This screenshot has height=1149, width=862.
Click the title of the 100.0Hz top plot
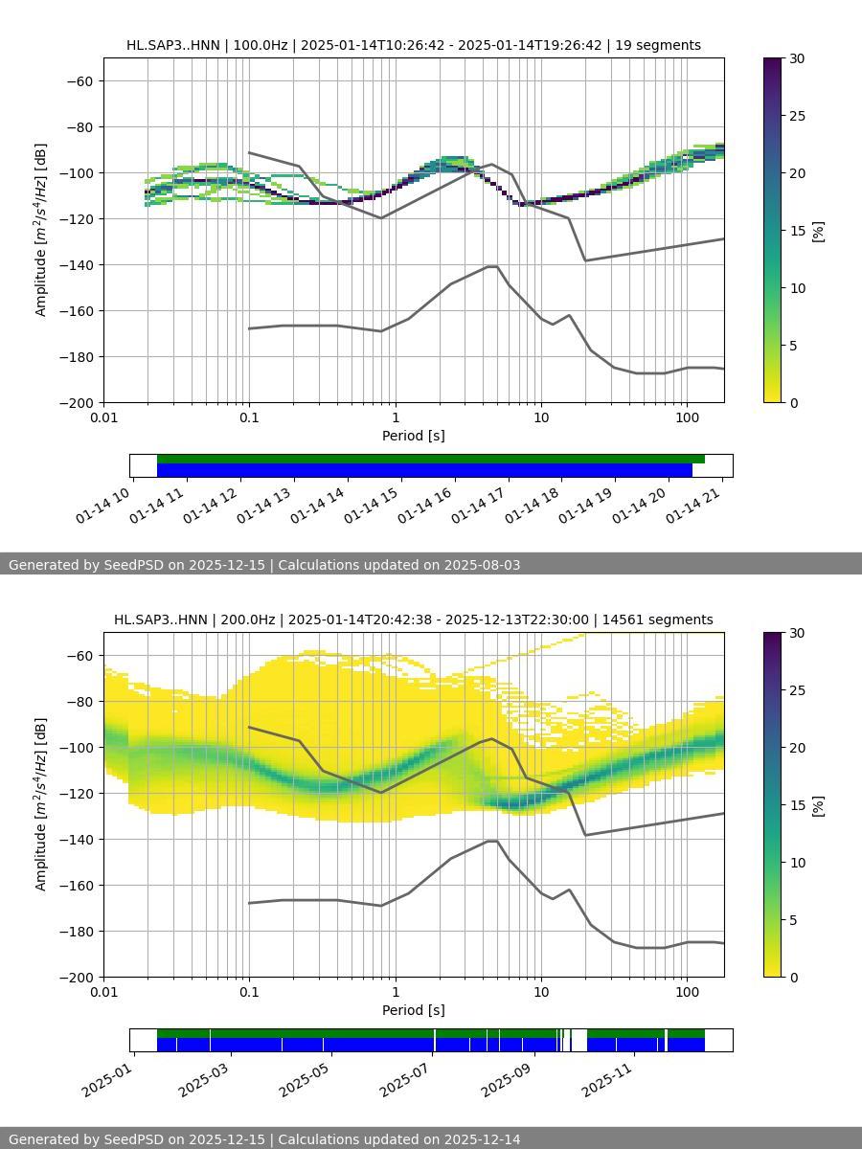coord(414,45)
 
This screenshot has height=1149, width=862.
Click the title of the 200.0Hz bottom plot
coord(414,620)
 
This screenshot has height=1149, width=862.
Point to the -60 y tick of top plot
coord(79,80)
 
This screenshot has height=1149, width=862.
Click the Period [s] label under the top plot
coord(414,436)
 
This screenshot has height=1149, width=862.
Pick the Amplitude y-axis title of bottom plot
coord(41,804)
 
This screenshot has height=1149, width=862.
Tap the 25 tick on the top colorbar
coord(795,116)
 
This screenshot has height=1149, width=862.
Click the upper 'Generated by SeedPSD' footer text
coord(264,565)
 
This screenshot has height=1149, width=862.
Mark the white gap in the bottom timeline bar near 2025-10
coord(579,1040)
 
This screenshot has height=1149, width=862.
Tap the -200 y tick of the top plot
coord(76,402)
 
